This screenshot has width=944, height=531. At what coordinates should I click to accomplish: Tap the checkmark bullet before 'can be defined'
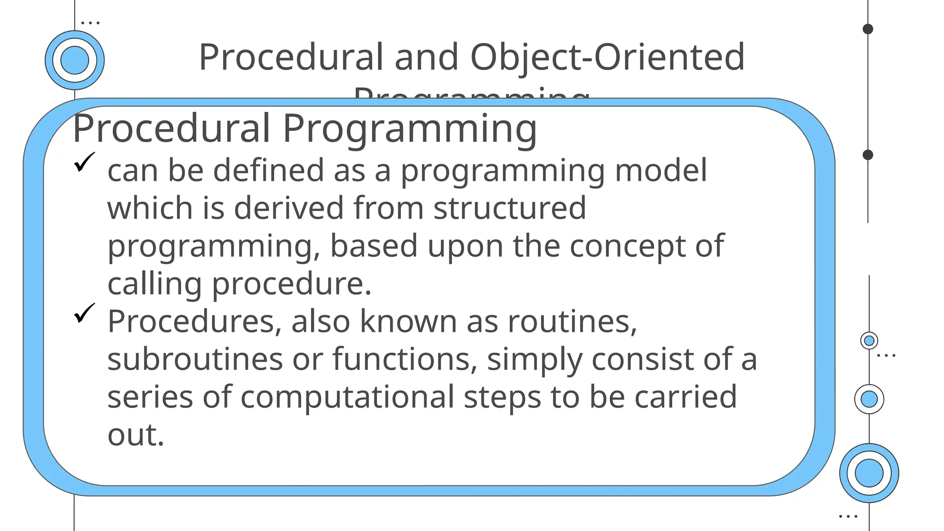[84, 162]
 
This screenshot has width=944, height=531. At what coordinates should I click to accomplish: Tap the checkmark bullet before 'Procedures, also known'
[84, 313]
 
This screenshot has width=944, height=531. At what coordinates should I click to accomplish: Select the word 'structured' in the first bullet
[510, 208]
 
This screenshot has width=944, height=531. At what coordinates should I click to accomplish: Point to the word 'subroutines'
[195, 359]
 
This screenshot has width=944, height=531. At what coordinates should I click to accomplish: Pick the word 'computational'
[347, 397]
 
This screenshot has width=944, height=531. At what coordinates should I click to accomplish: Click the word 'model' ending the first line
[661, 170]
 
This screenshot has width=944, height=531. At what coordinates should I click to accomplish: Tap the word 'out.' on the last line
[136, 435]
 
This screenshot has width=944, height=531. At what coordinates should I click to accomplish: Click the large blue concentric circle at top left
[75, 60]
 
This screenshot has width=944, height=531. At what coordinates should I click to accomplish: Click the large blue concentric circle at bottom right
[869, 473]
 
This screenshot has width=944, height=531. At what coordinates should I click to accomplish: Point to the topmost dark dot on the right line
[868, 29]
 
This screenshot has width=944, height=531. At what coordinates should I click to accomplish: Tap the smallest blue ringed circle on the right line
[869, 341]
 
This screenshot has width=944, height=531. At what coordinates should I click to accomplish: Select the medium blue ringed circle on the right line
[869, 399]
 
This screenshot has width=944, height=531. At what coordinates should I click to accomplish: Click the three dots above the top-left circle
[90, 22]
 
